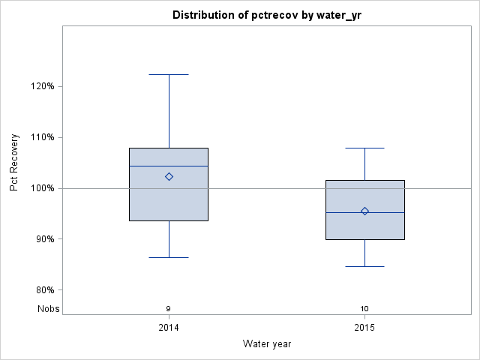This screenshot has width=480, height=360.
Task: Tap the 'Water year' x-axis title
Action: pyautogui.click(x=267, y=343)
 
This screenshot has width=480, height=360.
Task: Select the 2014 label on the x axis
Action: pyautogui.click(x=169, y=328)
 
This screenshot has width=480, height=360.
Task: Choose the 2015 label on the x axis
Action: pyautogui.click(x=364, y=328)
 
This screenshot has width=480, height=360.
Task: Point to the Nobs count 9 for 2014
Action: pyautogui.click(x=169, y=309)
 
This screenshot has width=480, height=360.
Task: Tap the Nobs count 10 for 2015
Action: pyautogui.click(x=364, y=309)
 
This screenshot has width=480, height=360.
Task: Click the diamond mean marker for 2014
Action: pyautogui.click(x=169, y=177)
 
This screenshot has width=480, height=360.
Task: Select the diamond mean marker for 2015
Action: pyautogui.click(x=364, y=211)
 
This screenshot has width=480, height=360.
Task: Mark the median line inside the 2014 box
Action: pyautogui.click(x=169, y=166)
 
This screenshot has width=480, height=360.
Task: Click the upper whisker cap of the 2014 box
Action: pyautogui.click(x=169, y=75)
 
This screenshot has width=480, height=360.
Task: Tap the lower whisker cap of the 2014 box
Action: pyautogui.click(x=169, y=257)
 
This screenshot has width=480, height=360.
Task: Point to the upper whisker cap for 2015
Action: pyautogui.click(x=364, y=148)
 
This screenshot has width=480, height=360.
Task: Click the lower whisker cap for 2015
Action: pyautogui.click(x=364, y=266)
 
